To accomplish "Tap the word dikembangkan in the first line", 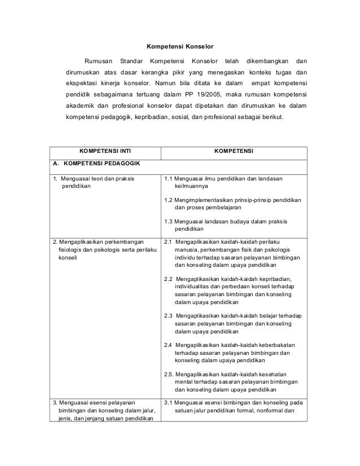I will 267,61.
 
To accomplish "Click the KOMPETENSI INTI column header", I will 104,152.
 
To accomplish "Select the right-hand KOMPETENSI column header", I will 234,152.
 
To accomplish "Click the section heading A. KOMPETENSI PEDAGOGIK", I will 94,165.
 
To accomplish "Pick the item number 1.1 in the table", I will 168,179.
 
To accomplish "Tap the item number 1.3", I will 168,221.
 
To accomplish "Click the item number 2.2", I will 169,279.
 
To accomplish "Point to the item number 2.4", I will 169,344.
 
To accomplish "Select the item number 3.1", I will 168,402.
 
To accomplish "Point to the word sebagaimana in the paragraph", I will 114,94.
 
